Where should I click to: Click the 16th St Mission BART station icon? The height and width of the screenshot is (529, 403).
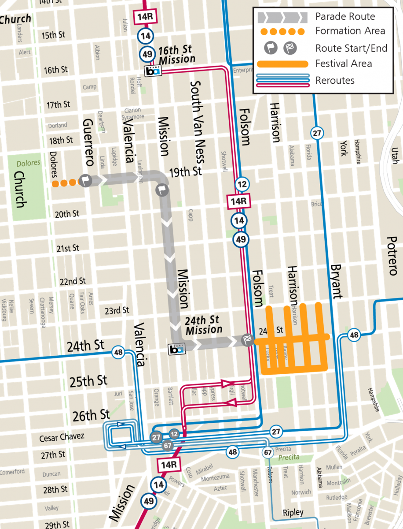pyautogui.click(x=152, y=71)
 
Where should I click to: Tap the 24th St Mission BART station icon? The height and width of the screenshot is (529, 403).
pyautogui.click(x=177, y=349)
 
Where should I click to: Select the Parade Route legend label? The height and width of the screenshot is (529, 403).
pyautogui.click(x=345, y=17)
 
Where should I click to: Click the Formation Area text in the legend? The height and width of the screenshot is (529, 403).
pyautogui.click(x=350, y=31)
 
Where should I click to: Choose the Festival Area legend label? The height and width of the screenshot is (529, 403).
pyautogui.click(x=343, y=63)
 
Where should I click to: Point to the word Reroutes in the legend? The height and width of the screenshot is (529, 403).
pyautogui.click(x=335, y=80)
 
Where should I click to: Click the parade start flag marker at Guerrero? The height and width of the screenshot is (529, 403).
pyautogui.click(x=85, y=180)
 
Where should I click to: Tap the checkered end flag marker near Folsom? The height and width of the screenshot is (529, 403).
pyautogui.click(x=248, y=339)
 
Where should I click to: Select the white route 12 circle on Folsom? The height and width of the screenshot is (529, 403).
pyautogui.click(x=241, y=184)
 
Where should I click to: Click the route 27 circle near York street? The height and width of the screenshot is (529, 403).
pyautogui.click(x=316, y=133)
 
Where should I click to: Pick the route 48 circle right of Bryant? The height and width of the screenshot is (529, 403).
pyautogui.click(x=354, y=335)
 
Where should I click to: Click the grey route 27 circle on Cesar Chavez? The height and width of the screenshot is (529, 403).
pyautogui.click(x=156, y=437)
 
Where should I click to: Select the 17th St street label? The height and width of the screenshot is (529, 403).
pyautogui.click(x=59, y=105)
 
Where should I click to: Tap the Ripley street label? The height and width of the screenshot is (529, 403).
pyautogui.click(x=293, y=513)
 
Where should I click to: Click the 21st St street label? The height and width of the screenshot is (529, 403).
pyautogui.click(x=67, y=249)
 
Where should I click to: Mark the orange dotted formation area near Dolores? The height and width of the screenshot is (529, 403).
pyautogui.click(x=65, y=183)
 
